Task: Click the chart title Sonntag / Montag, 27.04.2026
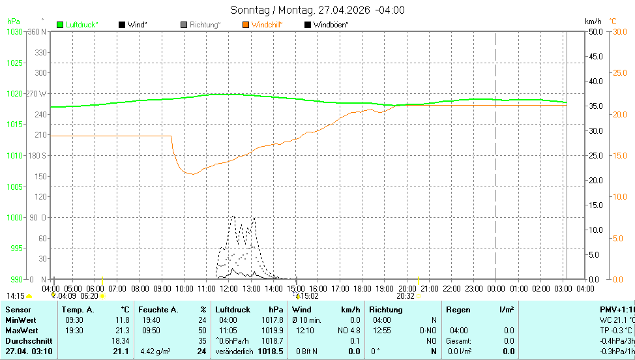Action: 317,10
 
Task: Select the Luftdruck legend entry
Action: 81,25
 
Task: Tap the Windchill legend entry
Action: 267,25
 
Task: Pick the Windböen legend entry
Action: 331,25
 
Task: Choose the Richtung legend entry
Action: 204,25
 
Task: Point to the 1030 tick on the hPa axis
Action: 14,31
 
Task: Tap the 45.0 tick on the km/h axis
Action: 595,56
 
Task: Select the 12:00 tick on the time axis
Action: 229,288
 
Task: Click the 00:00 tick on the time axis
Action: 496,288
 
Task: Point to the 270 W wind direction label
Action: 37,93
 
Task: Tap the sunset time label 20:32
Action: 406,296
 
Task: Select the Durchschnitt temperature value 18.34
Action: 121,340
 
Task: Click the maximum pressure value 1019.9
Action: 273,330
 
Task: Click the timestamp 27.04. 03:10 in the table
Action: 30,352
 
